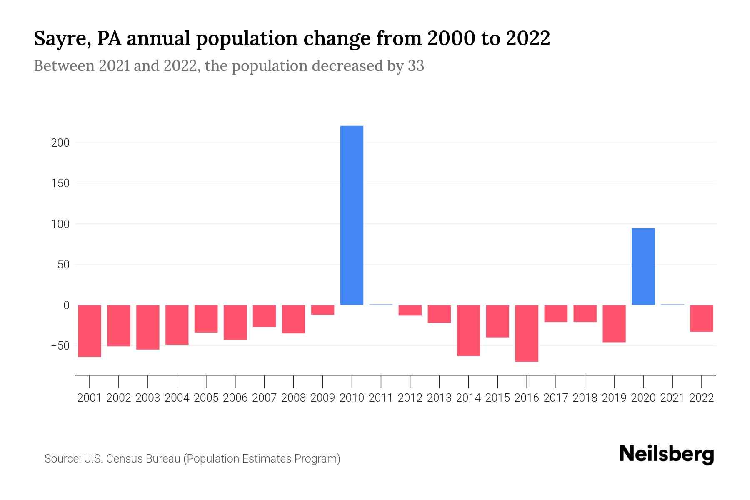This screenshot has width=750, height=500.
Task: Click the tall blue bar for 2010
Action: [352, 215]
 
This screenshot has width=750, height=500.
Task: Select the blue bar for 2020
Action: [643, 266]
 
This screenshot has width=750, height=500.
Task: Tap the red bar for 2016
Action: [527, 333]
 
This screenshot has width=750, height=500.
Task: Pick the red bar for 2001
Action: [90, 330]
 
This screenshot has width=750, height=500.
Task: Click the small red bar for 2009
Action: [322, 310]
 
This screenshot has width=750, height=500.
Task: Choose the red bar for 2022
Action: [701, 318]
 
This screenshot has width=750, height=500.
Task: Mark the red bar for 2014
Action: [468, 330]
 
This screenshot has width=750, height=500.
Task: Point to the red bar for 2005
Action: [206, 318]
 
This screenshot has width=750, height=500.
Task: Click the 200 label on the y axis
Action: [60, 143]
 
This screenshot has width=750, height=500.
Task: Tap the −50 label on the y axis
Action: [60, 346]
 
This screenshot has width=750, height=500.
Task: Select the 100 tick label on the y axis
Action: [60, 224]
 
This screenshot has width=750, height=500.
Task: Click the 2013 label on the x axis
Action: [439, 398]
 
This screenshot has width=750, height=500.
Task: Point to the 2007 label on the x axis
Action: [264, 398]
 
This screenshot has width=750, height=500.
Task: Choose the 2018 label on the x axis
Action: [585, 398]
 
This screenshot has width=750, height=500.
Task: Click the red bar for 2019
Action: [614, 323]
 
